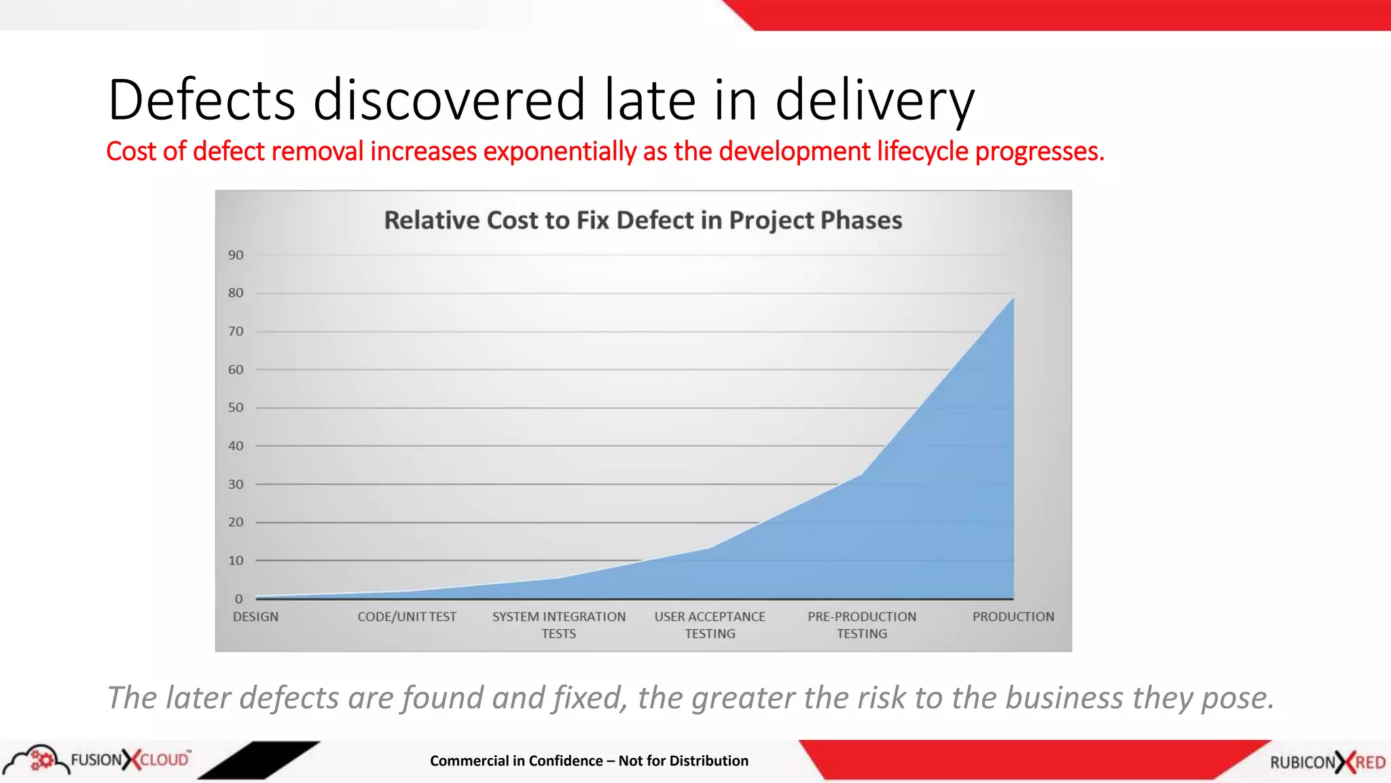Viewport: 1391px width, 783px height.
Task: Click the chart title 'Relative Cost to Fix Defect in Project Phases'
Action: (643, 220)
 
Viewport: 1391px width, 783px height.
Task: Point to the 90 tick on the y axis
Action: (236, 255)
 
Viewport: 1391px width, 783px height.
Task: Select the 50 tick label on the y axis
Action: (236, 408)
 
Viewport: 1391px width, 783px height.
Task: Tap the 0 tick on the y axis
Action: (238, 599)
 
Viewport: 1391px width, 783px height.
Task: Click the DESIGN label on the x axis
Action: (255, 616)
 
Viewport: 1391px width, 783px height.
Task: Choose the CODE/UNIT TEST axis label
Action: (407, 616)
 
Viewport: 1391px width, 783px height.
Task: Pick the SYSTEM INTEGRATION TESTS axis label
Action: (559, 625)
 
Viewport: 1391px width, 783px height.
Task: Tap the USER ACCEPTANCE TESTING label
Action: (710, 625)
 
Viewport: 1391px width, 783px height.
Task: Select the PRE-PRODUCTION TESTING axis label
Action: (862, 625)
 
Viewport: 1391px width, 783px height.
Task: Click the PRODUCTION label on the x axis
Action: (1013, 616)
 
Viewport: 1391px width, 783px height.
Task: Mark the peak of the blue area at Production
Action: (1013, 297)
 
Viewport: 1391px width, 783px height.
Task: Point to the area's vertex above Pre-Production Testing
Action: (862, 474)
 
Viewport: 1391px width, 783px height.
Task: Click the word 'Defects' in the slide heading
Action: (202, 99)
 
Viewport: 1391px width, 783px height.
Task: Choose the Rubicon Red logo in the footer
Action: (1327, 762)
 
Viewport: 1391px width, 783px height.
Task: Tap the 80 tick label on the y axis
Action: (236, 293)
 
